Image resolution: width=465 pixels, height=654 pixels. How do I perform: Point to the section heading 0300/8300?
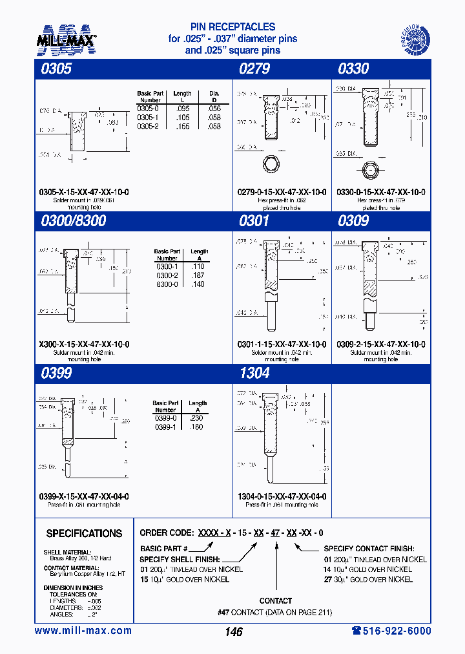(x=72, y=221)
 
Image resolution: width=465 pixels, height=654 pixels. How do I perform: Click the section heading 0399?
(x=56, y=373)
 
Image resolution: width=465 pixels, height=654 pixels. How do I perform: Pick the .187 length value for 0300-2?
(x=198, y=275)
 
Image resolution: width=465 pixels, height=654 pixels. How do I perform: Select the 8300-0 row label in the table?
(x=167, y=284)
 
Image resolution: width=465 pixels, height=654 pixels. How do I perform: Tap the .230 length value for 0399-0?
(x=196, y=418)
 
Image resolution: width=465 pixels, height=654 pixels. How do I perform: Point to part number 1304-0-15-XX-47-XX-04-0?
(x=282, y=496)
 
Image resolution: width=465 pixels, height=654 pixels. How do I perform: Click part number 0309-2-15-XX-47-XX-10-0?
(x=381, y=344)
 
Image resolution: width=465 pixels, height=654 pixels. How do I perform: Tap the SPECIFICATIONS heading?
(x=84, y=534)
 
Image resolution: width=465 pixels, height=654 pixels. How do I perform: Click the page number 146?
(x=232, y=631)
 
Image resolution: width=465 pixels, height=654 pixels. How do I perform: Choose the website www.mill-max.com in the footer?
(x=83, y=631)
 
